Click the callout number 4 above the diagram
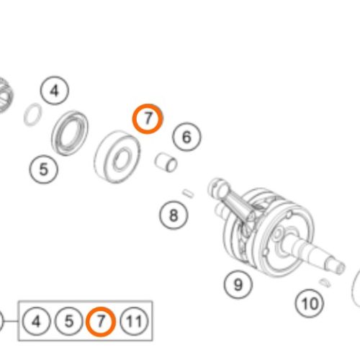point(55,91)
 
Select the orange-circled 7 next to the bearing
point(148,119)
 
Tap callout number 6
point(186,137)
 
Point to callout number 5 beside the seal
point(44,169)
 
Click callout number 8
point(174,215)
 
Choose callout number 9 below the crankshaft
point(238,284)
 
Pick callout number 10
point(310,303)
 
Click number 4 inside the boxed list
point(36,321)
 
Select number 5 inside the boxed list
point(69,321)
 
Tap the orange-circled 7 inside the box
point(101,321)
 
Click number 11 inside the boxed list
point(134,321)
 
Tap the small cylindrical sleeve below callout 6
point(166,163)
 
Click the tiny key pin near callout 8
point(188,194)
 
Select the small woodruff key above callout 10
point(325,283)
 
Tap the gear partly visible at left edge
point(5,96)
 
